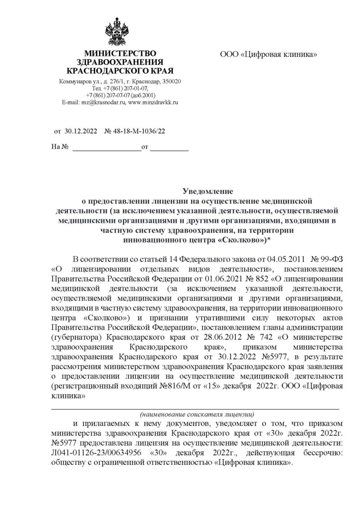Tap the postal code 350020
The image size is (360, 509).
pyautogui.click(x=171, y=81)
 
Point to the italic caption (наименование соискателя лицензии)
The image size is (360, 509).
pyautogui.click(x=196, y=414)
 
